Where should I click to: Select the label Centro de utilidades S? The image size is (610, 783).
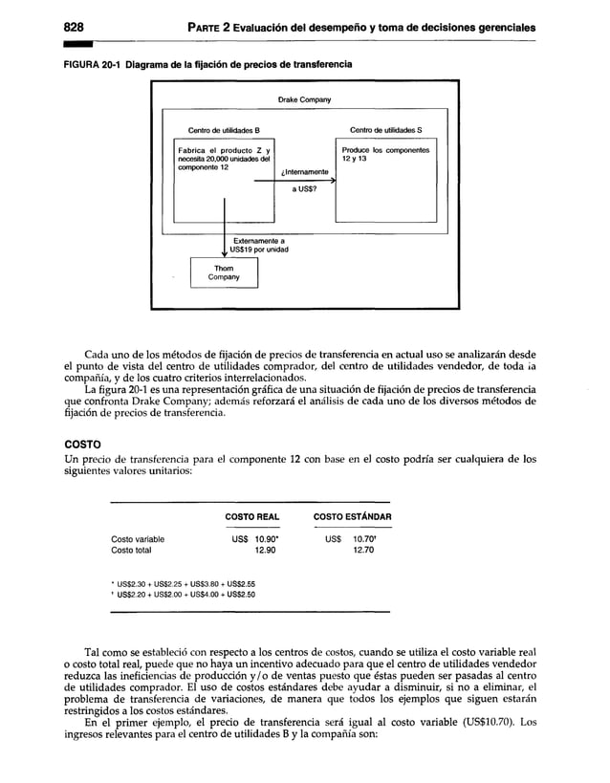[386, 129]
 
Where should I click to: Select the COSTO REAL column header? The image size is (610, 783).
[251, 517]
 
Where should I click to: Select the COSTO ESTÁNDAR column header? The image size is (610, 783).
[353, 517]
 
